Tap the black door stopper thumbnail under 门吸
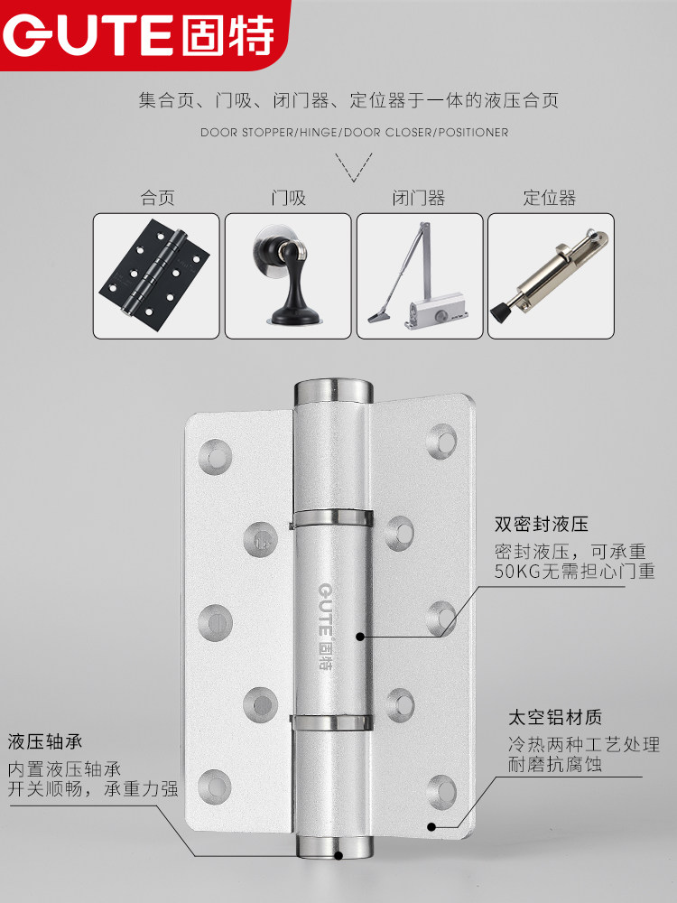tap(288, 275)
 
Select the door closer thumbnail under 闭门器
tap(420, 275)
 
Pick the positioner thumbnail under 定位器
tap(551, 275)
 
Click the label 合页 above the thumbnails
tap(158, 198)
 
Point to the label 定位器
tap(550, 198)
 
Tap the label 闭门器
tap(419, 198)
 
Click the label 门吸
tap(289, 198)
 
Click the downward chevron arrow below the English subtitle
tap(354, 167)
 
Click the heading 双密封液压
tap(541, 524)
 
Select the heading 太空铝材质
tap(555, 718)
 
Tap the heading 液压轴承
tap(45, 741)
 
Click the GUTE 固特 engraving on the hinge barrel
tap(326, 626)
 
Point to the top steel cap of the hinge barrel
tap(333, 391)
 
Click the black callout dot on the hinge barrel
tap(360, 637)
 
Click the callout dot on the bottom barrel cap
tap(339, 856)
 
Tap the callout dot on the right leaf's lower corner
tap(431, 827)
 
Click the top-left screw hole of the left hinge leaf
tap(216, 457)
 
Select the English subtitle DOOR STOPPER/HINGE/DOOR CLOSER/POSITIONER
tap(354, 133)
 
